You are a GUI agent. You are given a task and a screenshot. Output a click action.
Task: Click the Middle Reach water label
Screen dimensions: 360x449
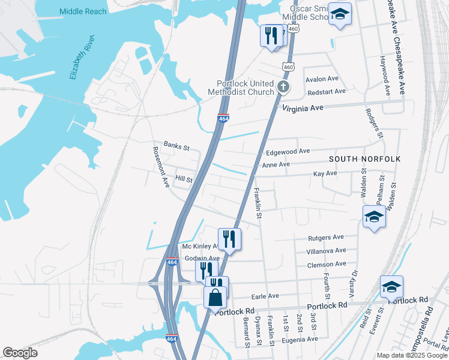point(83,11)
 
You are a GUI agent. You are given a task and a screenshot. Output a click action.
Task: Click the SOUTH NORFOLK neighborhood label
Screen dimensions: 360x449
point(364,158)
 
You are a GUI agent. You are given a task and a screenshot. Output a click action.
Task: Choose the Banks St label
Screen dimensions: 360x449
point(176,146)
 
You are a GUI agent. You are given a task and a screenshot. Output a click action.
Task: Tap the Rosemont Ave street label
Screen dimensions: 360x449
point(161,167)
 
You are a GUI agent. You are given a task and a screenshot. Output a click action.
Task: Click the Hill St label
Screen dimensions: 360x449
point(184,179)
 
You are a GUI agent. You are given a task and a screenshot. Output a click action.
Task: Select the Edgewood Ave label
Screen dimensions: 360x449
point(288,151)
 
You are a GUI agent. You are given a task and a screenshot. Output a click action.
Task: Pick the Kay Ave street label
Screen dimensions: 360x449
point(325,173)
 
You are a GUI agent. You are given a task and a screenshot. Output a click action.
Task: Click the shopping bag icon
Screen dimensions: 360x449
point(215,297)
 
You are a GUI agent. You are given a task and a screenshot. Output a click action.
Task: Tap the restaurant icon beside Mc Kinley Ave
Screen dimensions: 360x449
point(229,239)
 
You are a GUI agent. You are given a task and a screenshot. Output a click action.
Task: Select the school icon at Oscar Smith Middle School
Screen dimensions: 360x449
point(340,16)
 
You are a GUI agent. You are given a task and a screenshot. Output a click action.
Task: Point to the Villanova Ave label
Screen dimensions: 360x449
point(327,251)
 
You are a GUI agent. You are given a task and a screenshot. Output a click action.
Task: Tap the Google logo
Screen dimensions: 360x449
point(20,353)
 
